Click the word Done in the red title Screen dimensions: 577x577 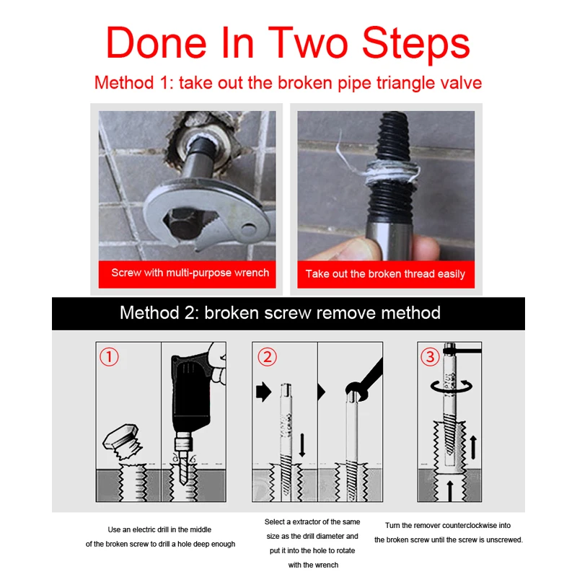[157, 43]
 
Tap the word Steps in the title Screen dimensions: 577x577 [416, 44]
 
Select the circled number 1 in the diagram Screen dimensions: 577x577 [109, 356]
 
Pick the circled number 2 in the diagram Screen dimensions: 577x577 [267, 356]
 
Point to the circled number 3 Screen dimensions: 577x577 [430, 356]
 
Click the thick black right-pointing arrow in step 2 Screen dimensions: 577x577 [263, 392]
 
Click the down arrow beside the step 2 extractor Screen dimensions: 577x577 [302, 445]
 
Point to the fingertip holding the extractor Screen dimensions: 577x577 [427, 247]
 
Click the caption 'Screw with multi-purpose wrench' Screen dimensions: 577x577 [190, 273]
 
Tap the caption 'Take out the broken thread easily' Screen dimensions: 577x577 [385, 274]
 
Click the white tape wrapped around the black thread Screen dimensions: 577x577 [392, 172]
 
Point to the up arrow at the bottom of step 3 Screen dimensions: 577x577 [449, 491]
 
